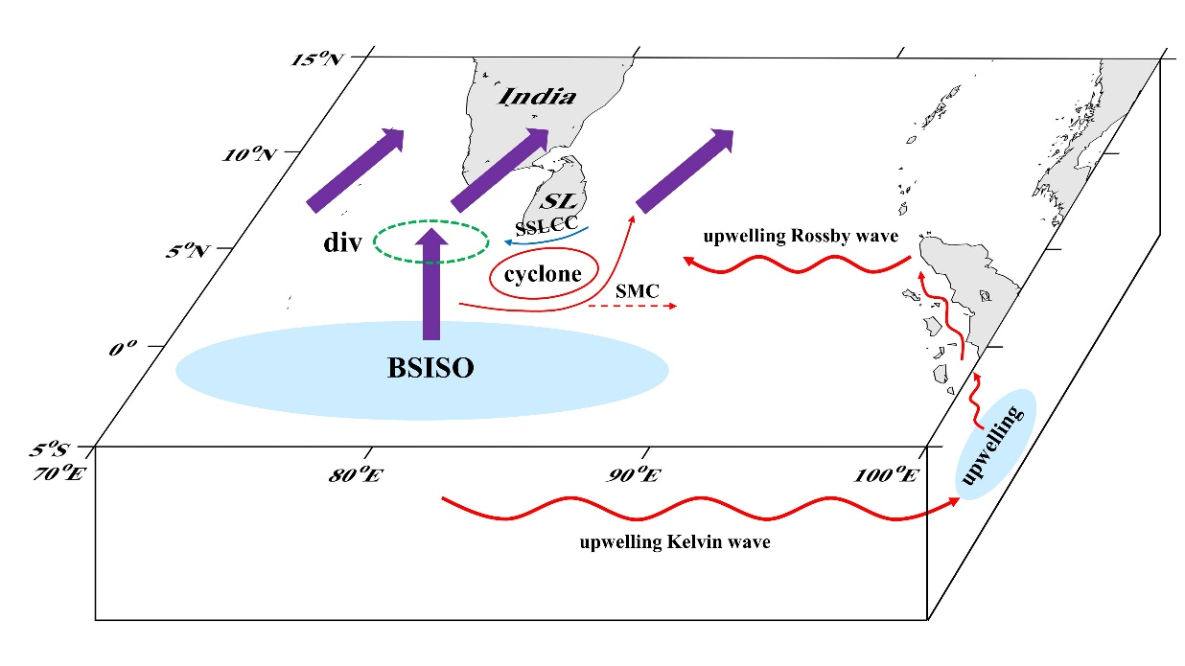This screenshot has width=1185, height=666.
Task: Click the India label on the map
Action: (540, 96)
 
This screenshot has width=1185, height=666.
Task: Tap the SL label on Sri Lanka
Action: (555, 202)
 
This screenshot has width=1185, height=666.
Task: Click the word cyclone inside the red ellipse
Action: (544, 275)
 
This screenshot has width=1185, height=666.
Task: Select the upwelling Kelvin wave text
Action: (675, 542)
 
